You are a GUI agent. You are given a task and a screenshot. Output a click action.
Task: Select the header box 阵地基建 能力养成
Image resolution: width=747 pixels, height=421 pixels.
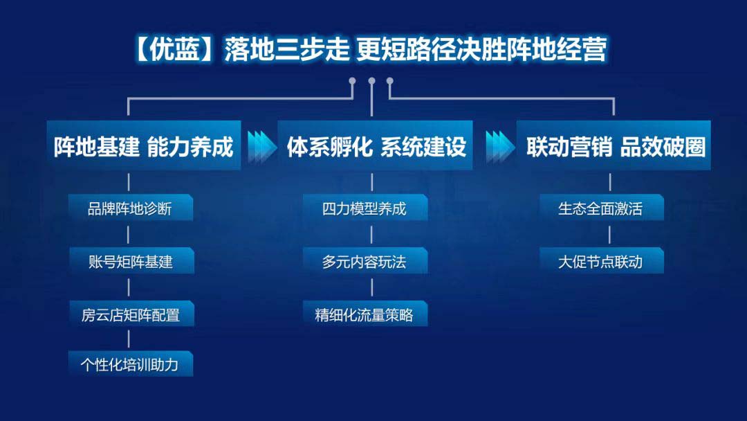click(x=144, y=145)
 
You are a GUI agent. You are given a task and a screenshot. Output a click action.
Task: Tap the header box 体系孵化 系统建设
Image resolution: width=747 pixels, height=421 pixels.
click(x=375, y=145)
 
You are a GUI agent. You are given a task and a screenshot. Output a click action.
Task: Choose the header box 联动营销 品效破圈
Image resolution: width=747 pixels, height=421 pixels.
click(x=614, y=145)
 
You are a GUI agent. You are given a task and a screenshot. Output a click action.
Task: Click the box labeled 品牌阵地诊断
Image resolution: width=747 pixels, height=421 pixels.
click(x=131, y=208)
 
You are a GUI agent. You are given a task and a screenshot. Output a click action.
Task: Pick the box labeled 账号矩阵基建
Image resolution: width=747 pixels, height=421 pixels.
click(x=131, y=261)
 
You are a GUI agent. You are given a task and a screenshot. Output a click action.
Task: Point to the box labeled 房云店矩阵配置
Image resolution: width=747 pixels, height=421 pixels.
click(x=131, y=314)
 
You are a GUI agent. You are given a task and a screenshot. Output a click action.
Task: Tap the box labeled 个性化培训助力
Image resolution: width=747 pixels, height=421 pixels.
click(x=131, y=364)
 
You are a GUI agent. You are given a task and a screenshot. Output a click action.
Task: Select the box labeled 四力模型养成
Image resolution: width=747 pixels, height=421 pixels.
click(x=365, y=208)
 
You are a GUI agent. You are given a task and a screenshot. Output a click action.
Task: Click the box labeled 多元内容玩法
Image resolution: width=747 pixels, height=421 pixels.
click(x=365, y=261)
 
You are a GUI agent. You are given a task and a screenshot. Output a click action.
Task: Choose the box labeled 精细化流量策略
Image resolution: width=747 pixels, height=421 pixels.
click(x=365, y=314)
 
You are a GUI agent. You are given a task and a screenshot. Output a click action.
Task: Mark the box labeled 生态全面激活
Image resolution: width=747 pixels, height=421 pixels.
click(x=602, y=208)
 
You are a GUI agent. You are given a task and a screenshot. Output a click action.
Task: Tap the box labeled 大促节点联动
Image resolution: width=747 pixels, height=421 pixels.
click(x=602, y=261)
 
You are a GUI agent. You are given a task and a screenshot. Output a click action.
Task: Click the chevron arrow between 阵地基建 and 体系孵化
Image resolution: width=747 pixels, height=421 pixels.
click(x=261, y=147)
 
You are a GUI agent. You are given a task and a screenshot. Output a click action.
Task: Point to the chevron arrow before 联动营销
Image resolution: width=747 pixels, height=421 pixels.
click(x=500, y=147)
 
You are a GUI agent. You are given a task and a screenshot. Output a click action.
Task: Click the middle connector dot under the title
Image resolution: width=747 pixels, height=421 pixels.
click(x=371, y=81)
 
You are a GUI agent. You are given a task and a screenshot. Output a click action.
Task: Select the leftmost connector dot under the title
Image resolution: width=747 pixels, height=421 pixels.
click(x=353, y=81)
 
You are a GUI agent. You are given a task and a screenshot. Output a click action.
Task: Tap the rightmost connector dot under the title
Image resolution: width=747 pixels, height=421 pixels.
click(x=390, y=81)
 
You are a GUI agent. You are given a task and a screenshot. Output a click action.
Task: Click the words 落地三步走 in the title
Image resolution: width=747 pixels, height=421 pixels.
click(x=287, y=50)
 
